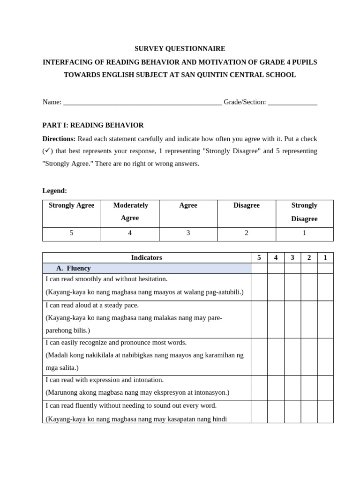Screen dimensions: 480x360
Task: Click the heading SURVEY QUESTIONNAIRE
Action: (x=180, y=48)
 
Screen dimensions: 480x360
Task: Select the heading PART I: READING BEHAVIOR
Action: (x=93, y=125)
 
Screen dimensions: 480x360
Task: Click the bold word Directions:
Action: (x=59, y=139)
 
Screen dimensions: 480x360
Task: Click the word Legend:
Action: (x=55, y=191)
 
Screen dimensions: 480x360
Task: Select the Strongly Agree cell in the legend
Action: (x=72, y=205)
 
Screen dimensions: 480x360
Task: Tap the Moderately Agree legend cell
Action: (x=130, y=211)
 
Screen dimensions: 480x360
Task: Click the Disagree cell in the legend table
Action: (x=247, y=205)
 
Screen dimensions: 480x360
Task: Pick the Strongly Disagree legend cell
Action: (x=304, y=212)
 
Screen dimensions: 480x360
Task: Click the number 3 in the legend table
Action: (x=188, y=233)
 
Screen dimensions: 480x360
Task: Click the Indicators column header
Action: (x=147, y=257)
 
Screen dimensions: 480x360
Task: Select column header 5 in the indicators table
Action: (x=259, y=257)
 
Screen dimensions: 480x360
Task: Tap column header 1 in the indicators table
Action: (x=325, y=257)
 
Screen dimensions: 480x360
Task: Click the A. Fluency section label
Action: (x=73, y=268)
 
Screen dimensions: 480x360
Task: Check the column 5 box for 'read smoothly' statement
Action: (x=259, y=287)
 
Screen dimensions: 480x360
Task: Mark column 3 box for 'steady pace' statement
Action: (x=292, y=319)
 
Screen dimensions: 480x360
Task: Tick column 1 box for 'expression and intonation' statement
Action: (x=325, y=387)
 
